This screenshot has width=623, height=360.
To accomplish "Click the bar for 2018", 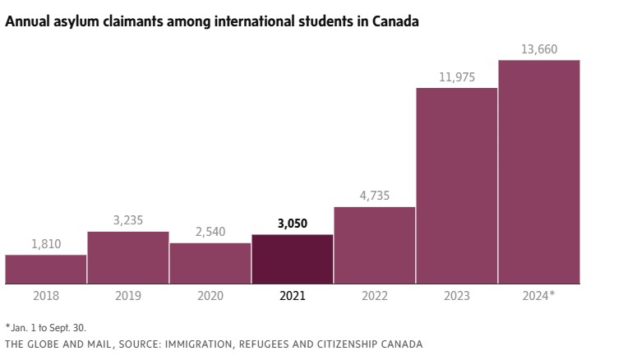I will click(46, 270).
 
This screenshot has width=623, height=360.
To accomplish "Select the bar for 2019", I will click(128, 258).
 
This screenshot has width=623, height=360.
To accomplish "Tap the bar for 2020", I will click(210, 263).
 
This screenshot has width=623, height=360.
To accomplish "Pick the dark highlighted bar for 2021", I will click(293, 260).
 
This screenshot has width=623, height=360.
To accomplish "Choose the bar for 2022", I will click(375, 245).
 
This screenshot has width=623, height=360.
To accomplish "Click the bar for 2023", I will click(457, 186).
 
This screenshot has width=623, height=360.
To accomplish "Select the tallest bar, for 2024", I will click(539, 172).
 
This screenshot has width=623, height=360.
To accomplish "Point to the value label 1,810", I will click(46, 244).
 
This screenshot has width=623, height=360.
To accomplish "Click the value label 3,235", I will click(128, 221).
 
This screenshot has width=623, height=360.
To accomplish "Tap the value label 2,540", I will click(210, 232).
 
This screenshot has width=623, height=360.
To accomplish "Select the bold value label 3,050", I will click(293, 224).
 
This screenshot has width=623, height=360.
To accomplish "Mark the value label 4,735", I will click(375, 196).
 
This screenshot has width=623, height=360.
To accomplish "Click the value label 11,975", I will click(457, 76).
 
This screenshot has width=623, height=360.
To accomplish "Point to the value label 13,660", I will click(539, 49).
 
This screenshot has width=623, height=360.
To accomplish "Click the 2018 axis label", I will click(46, 296).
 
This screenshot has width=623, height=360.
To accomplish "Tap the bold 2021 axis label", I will click(293, 296).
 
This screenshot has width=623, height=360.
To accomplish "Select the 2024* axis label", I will click(539, 296).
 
